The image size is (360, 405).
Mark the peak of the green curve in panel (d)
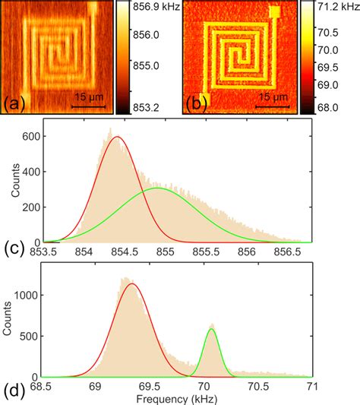(x=211, y=329)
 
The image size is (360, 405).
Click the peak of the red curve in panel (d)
(x=133, y=284)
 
